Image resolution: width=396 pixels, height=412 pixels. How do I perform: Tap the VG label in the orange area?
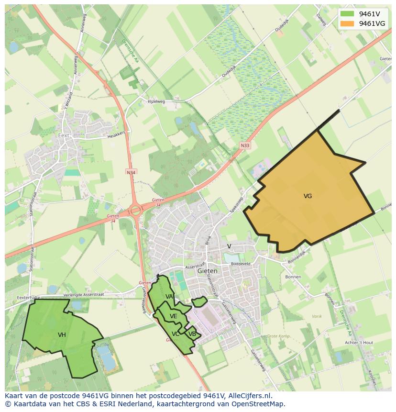click(308, 196)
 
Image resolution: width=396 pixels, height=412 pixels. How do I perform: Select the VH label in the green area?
click(62, 335)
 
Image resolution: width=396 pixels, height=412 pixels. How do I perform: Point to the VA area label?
click(169, 297)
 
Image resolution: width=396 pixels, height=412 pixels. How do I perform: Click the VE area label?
click(173, 316)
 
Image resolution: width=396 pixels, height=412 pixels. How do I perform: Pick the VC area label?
click(176, 334)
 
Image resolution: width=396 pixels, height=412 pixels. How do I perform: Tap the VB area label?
click(192, 334)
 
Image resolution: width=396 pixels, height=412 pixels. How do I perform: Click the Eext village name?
click(64, 135)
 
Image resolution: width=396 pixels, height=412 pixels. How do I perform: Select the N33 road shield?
click(245, 145)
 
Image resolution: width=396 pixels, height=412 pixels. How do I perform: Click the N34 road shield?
click(131, 172)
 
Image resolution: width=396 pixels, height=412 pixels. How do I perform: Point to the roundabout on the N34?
click(136, 210)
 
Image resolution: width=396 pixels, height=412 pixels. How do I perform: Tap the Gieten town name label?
click(207, 271)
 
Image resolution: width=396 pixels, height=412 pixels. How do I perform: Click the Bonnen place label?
click(293, 277)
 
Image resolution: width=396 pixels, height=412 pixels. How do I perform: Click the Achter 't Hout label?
click(359, 343)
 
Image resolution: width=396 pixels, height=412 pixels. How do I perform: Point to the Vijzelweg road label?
click(155, 102)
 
